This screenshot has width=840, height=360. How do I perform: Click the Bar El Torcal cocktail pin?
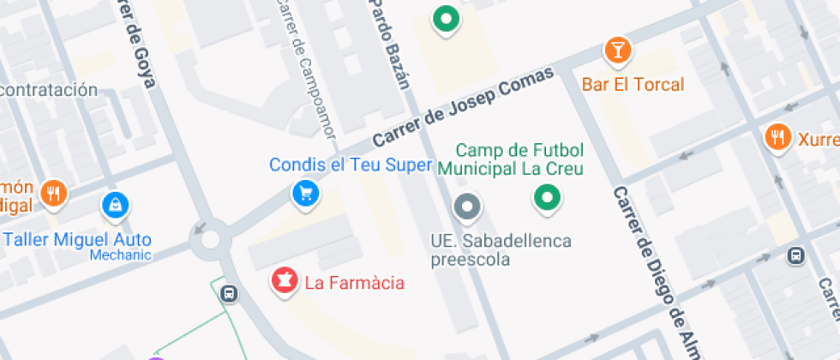point(617,50)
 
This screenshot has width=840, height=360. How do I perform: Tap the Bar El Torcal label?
point(633,85)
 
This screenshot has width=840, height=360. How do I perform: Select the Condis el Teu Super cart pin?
point(305,193)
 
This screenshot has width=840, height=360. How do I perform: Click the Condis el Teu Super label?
point(350,165)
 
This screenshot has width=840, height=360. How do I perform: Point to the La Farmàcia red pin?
point(284,279)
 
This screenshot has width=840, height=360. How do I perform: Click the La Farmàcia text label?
point(354,282)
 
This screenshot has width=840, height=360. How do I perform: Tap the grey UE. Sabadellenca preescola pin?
point(466,207)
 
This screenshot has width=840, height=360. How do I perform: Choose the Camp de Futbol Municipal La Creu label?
point(510,159)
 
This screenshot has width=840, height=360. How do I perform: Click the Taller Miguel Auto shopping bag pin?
point(114,205)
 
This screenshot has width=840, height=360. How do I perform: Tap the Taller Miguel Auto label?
point(77,239)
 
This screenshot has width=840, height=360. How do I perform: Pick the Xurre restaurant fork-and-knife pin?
point(777,136)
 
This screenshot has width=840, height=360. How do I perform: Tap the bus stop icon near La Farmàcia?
point(229,293)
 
